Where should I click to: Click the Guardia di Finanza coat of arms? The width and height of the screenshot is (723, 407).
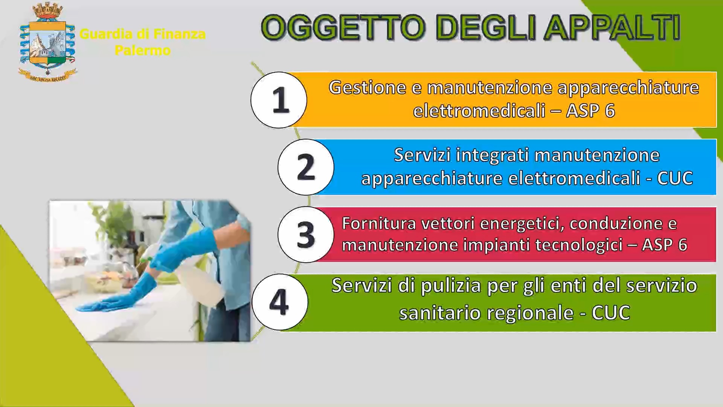(x=47, y=41)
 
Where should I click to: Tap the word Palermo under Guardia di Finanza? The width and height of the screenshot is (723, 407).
(x=143, y=50)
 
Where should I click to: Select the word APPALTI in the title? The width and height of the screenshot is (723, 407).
(x=612, y=28)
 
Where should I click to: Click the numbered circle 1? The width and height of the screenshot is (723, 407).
(x=279, y=100)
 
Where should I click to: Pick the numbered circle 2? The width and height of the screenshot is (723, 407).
(x=306, y=167)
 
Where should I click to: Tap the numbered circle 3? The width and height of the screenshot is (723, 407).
(x=306, y=234)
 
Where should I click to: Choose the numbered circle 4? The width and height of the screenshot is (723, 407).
(x=279, y=302)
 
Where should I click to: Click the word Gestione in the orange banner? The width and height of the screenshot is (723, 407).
(x=368, y=88)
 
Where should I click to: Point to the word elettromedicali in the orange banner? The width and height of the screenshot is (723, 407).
(x=479, y=111)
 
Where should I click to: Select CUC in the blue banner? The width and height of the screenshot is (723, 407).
(x=675, y=178)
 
